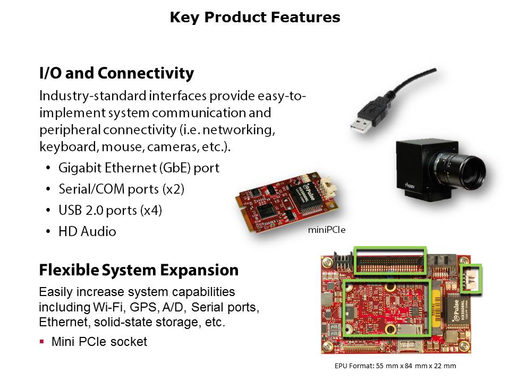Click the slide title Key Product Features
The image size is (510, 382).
click(255, 18)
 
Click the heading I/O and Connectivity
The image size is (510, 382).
click(116, 73)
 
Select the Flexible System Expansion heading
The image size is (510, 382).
click(139, 270)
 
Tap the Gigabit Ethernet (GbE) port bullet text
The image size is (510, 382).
click(139, 168)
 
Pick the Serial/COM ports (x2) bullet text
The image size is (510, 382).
click(122, 189)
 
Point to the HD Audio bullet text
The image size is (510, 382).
click(87, 231)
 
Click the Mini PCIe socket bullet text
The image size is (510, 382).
click(99, 342)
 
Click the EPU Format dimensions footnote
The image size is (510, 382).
click(395, 366)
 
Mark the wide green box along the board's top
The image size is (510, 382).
click(390, 259)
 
